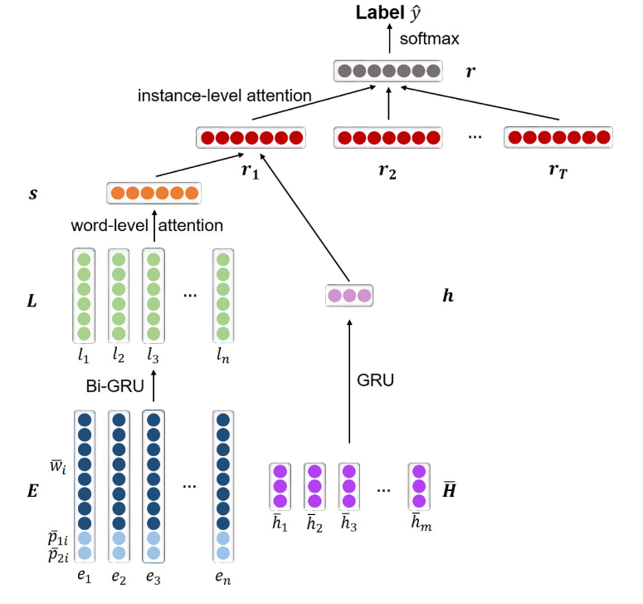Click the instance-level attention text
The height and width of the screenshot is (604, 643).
point(224,96)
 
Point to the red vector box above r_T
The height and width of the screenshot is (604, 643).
point(558,137)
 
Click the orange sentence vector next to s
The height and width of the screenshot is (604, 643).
point(154,194)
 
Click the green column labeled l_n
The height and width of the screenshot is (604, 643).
point(222,296)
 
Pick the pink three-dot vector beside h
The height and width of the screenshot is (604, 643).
point(349,295)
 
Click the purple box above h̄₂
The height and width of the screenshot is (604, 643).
point(314,486)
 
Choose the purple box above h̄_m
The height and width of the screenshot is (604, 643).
point(419,486)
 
